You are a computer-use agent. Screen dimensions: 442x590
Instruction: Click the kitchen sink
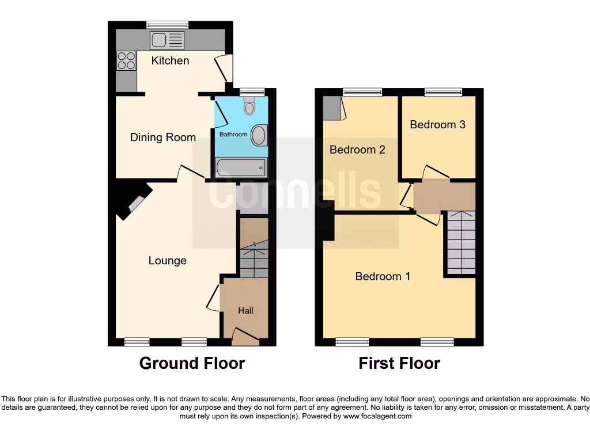(x=167, y=40)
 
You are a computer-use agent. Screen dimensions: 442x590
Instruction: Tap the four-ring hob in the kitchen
(x=126, y=60)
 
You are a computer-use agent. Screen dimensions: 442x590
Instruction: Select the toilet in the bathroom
(x=249, y=106)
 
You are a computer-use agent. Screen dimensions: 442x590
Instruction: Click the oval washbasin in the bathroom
(x=260, y=136)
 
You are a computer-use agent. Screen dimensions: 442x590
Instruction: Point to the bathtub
(x=241, y=167)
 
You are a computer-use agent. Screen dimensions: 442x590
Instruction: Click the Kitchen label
(x=170, y=60)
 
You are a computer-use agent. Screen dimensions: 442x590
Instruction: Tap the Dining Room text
(x=162, y=137)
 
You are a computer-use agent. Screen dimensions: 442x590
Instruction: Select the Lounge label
(x=167, y=260)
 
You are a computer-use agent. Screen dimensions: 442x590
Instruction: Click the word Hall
(x=245, y=310)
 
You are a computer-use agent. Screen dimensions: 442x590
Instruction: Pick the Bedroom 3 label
(x=437, y=124)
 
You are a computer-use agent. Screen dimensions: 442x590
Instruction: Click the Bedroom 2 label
(x=357, y=150)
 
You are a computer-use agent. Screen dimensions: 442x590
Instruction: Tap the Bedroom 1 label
(x=383, y=276)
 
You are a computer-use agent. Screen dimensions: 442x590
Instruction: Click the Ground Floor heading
(x=192, y=363)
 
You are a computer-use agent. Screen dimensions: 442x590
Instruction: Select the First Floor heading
(x=399, y=363)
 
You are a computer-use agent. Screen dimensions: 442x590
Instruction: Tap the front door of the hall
(x=245, y=336)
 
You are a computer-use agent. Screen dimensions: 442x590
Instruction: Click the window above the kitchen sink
(x=167, y=25)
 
